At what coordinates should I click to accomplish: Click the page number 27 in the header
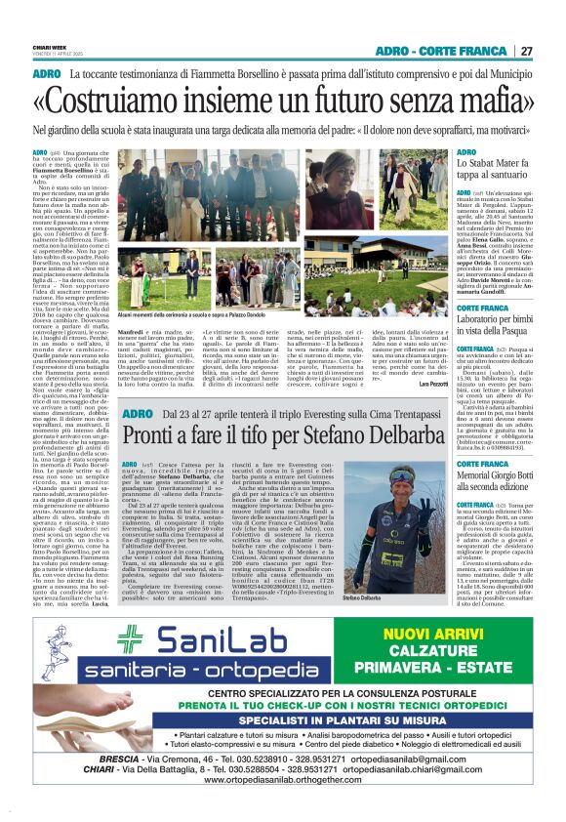coord(526,51)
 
